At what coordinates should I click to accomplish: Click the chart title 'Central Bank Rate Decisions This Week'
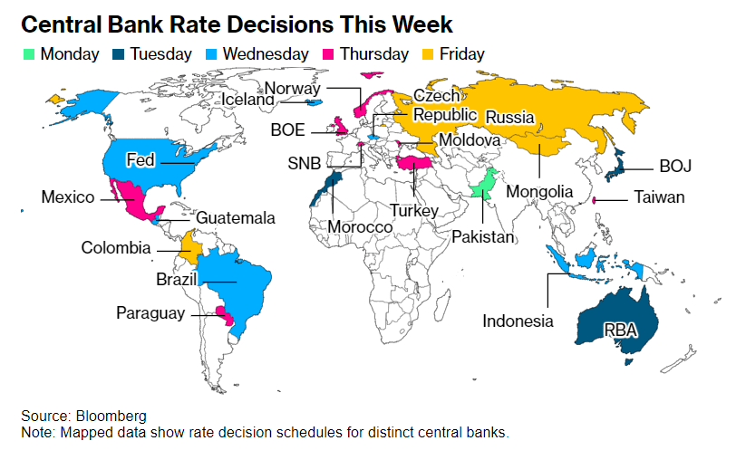pos(237,24)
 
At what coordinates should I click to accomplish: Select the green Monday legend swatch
pos(29,55)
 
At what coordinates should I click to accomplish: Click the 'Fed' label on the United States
pos(140,160)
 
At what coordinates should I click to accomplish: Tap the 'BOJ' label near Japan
pos(674,167)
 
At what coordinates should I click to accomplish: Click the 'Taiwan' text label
pos(659,197)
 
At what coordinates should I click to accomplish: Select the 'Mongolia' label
pos(539,192)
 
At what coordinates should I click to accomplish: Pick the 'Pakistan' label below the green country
pos(483,236)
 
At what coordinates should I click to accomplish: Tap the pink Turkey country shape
pos(418,164)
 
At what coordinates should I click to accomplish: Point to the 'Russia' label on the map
pos(509,118)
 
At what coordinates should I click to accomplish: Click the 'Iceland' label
pos(247,100)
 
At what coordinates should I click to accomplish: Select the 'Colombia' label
pos(115,247)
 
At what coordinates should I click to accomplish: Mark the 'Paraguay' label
pos(150,313)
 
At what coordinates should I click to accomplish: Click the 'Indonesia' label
pos(517,321)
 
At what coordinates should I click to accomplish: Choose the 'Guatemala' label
pos(236,218)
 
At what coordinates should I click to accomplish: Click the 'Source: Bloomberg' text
pos(83,416)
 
